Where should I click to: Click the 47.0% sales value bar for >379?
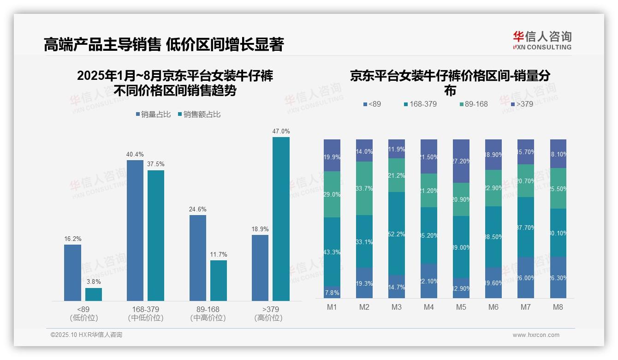[x=281, y=219]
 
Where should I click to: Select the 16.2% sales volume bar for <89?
[x=72, y=272]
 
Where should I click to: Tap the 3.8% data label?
[x=93, y=282]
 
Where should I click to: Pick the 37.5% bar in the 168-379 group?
[x=156, y=235]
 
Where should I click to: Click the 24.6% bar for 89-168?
[x=198, y=258]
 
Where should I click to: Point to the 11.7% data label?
[x=219, y=254]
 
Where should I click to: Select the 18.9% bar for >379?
[x=260, y=268]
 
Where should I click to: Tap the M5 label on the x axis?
[x=461, y=307]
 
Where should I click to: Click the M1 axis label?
[x=332, y=307]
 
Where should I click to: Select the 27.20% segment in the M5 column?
[x=461, y=161]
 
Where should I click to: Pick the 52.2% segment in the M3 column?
[x=397, y=234]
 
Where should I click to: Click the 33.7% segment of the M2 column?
[x=364, y=188]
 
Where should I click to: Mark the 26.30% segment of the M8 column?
[x=558, y=277]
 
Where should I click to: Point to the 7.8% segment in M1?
[x=332, y=293]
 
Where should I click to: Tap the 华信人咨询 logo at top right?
[x=542, y=40]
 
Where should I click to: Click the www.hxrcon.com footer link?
[x=536, y=335]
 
